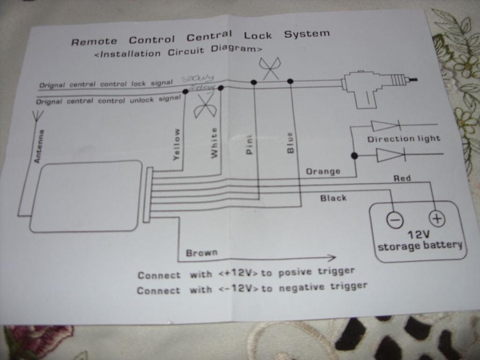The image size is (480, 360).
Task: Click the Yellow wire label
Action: coord(176,145)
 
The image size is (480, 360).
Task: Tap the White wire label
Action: coord(214,142)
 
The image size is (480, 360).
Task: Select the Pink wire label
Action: coord(249,144)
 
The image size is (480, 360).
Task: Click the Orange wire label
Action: coord(323,172)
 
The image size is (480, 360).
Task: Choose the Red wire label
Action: coord(402,178)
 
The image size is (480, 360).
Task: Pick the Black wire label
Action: coord(333,198)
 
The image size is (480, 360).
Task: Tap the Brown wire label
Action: coord(202,253)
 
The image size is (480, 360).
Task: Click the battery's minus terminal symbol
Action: coord(395,219)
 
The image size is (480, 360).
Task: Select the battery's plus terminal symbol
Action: coord(436,218)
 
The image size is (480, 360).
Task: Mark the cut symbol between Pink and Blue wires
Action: coord(271,68)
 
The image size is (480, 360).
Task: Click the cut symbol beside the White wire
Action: coord(205,106)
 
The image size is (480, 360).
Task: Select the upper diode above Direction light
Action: coord(385,126)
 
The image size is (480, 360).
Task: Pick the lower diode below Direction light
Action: coord(390,154)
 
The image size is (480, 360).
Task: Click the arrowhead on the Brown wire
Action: coord(331,257)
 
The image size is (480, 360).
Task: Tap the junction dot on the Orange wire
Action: coord(354,156)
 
